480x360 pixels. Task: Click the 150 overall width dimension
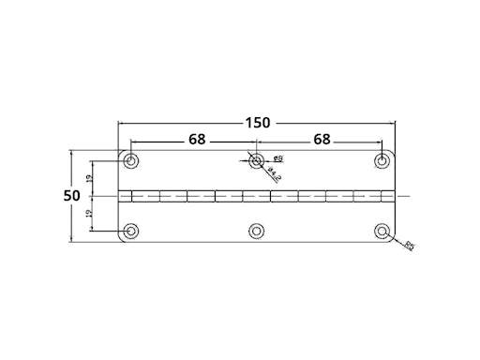point(258,122)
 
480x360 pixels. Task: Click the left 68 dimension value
point(196,140)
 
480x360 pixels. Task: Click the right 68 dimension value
point(322,140)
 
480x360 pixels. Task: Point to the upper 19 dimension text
point(88,178)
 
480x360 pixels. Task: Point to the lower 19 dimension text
point(88,214)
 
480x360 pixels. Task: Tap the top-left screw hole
point(132,161)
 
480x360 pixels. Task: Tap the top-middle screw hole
point(257,161)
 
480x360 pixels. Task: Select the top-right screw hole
point(382,161)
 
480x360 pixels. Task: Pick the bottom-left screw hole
point(132,231)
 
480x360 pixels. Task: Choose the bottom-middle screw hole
point(257,231)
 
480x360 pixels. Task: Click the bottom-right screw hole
point(382,231)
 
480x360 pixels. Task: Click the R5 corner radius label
point(410,247)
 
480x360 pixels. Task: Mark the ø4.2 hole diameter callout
point(274,173)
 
